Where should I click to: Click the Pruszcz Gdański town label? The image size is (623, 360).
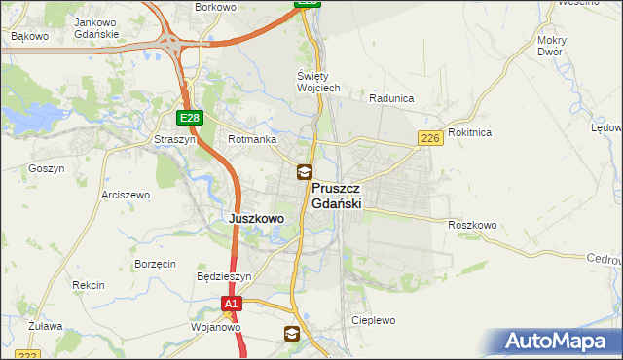tap(337, 196)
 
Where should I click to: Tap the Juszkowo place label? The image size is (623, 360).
tap(256, 219)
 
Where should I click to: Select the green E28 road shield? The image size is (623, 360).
tap(190, 118)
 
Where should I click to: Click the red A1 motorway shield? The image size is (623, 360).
tap(230, 305)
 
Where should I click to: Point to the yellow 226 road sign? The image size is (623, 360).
tap(431, 139)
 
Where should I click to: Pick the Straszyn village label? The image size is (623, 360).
tap(174, 140)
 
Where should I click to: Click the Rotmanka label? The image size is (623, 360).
tap(252, 140)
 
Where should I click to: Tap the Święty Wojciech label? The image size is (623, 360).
tap(318, 82)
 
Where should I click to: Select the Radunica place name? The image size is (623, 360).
tap(392, 98)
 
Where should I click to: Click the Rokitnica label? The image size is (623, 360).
tap(471, 132)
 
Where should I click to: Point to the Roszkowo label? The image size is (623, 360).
tap(473, 225)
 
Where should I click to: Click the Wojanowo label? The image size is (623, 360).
tap(215, 327)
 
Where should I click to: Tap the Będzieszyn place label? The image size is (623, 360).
tap(224, 276)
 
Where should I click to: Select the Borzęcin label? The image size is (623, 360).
tap(156, 264)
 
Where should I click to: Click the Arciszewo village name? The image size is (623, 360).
tap(126, 195)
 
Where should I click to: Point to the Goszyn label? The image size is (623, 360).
tap(46, 168)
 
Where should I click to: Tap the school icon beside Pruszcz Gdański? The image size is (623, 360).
tap(305, 172)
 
